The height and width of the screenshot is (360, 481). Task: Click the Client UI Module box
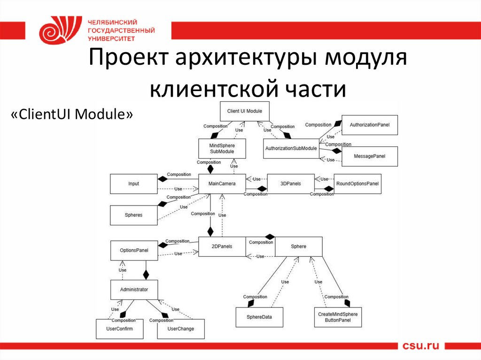click(245, 111)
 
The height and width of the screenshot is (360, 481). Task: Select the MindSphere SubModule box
click(222, 148)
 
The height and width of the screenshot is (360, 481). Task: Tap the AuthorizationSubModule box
click(291, 148)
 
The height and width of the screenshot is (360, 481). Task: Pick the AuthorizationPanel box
click(370, 125)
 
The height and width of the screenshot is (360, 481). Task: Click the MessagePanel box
click(370, 156)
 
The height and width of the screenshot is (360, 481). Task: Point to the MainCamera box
click(222, 184)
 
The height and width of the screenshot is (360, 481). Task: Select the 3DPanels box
click(291, 184)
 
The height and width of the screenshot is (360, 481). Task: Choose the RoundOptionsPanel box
click(357, 184)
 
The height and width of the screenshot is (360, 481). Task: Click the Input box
click(134, 184)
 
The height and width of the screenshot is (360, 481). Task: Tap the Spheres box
click(134, 215)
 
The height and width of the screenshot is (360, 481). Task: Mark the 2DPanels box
click(222, 246)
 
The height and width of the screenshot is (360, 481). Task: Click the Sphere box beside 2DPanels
click(299, 246)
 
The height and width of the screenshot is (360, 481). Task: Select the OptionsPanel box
click(134, 251)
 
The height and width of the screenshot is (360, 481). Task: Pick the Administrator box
click(134, 290)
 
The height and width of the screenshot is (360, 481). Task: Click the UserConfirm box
click(120, 329)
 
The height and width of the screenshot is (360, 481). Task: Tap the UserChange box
click(181, 329)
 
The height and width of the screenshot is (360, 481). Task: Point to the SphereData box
click(260, 317)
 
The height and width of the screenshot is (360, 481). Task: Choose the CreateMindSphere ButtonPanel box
click(338, 317)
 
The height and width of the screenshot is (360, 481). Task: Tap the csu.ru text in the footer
click(420, 346)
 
